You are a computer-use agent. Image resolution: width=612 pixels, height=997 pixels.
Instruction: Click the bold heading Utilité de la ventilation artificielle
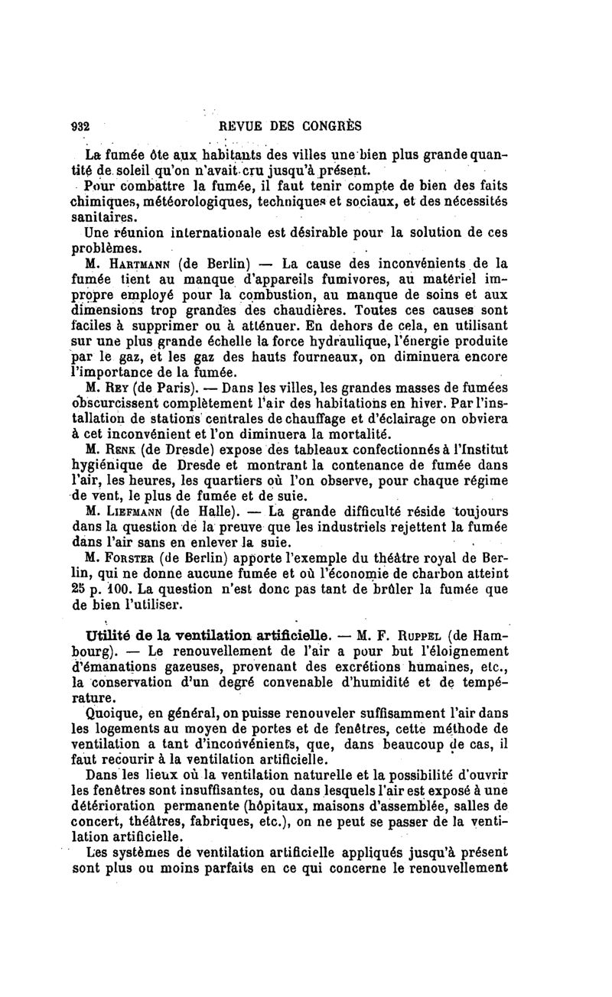point(208,635)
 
